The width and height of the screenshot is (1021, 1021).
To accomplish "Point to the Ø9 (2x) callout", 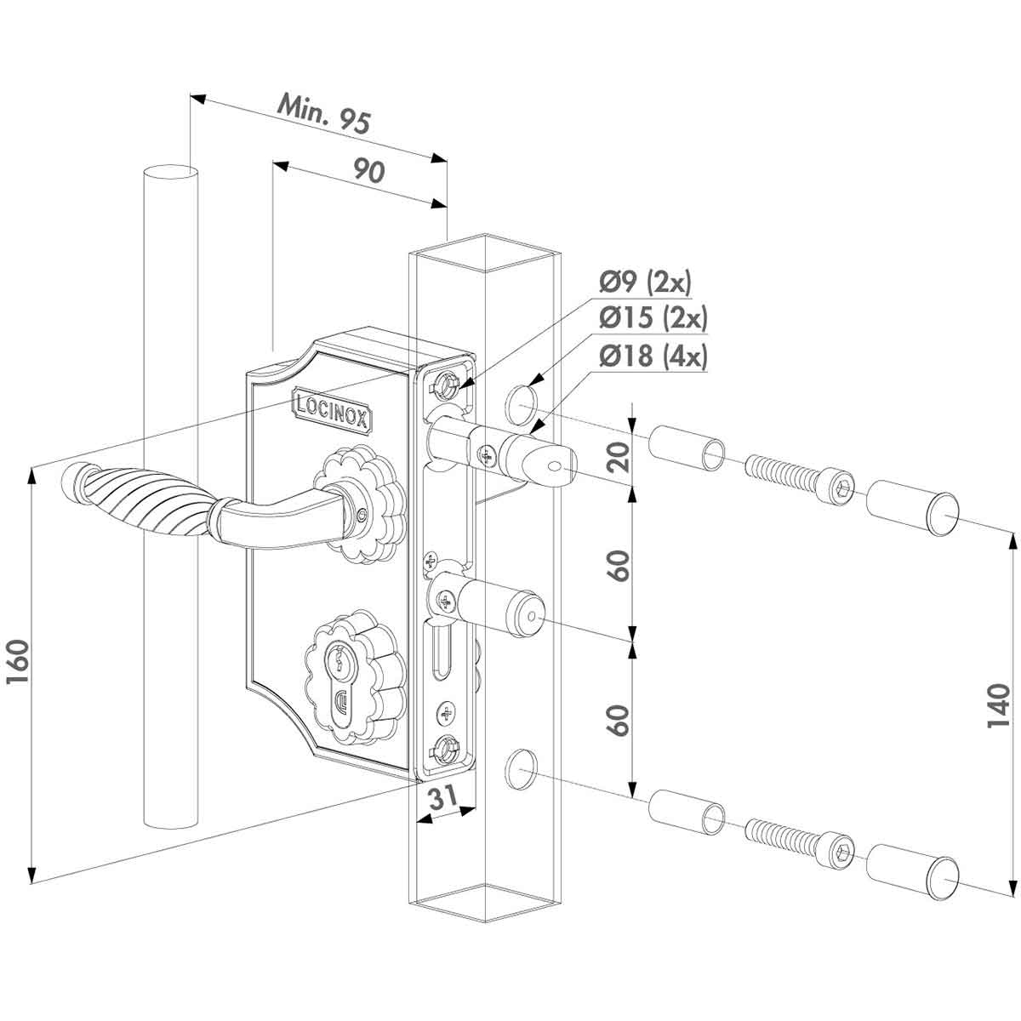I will [650, 281].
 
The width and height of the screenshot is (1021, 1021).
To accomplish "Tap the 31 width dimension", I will [441, 797].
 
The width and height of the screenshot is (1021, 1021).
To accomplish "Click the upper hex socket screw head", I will [840, 487].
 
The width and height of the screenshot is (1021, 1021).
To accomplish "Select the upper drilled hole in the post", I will [520, 402].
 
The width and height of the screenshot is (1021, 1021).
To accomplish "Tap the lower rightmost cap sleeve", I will [912, 872].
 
